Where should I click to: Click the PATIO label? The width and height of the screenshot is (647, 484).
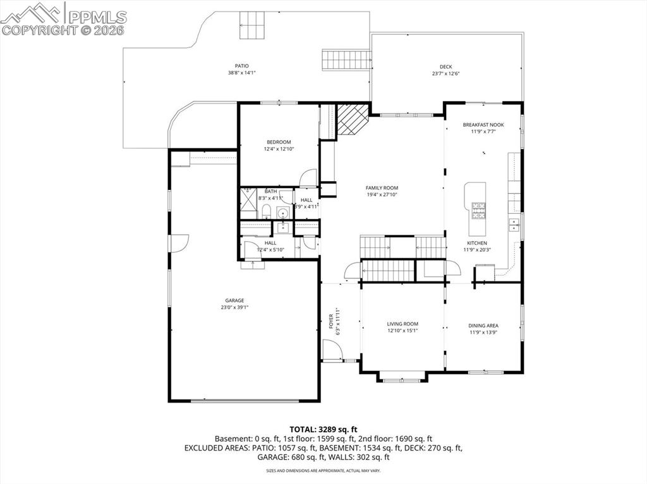pos(242,66)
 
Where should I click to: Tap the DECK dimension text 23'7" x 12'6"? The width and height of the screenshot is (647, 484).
pos(445,74)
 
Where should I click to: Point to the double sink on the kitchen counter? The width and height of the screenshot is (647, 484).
pos(515,223)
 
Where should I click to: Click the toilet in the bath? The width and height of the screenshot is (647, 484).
pos(266,211)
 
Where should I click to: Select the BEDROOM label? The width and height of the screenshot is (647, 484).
pos(279,142)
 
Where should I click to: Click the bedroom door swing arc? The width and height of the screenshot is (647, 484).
pos(308,177)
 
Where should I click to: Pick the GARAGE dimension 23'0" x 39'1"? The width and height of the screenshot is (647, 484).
pos(234,308)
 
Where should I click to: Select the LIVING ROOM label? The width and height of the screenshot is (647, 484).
pos(402,324)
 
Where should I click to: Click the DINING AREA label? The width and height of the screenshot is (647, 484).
pos(483,326)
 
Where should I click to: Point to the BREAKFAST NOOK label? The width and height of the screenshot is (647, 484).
pos(483,125)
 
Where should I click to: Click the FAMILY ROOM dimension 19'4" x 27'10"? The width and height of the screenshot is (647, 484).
pos(382,195)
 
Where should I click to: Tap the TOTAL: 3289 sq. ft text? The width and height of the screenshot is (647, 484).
pos(323,430)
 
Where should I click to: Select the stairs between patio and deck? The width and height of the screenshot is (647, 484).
pos(346,60)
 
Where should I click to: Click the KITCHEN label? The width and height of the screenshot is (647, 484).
pos(476,243)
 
